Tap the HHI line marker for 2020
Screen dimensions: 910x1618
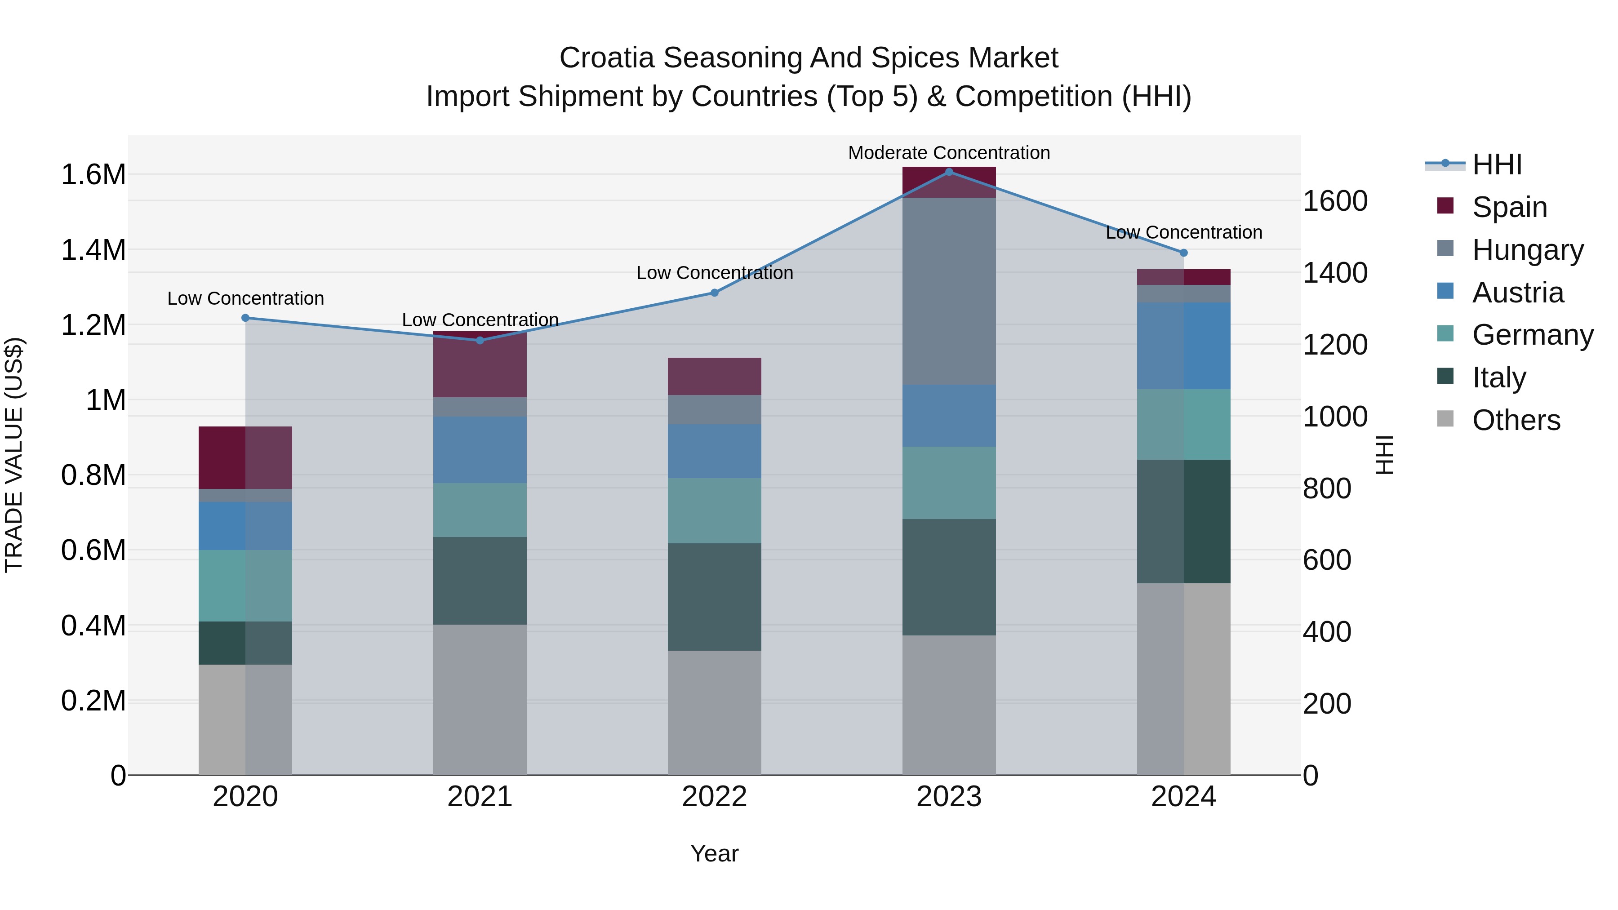pyautogui.click(x=245, y=318)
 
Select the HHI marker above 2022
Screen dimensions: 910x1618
pyautogui.click(x=714, y=293)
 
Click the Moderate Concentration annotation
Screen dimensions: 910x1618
pyautogui.click(x=948, y=153)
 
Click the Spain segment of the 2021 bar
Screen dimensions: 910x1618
pyautogui.click(x=480, y=364)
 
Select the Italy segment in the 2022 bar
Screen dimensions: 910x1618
pyautogui.click(x=714, y=597)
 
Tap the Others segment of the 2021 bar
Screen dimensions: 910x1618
pyautogui.click(x=480, y=699)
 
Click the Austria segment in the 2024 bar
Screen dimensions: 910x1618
pyautogui.click(x=1183, y=346)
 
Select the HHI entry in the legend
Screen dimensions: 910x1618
pyautogui.click(x=1496, y=164)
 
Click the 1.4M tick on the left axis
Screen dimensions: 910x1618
pyautogui.click(x=93, y=250)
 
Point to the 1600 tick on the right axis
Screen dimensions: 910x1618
pyautogui.click(x=1335, y=201)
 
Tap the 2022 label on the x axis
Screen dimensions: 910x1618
pyautogui.click(x=714, y=796)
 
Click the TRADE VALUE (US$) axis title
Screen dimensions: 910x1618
pyautogui.click(x=14, y=455)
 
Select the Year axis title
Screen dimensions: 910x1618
pyautogui.click(x=714, y=853)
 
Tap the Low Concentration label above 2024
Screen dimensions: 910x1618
pyautogui.click(x=1183, y=232)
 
